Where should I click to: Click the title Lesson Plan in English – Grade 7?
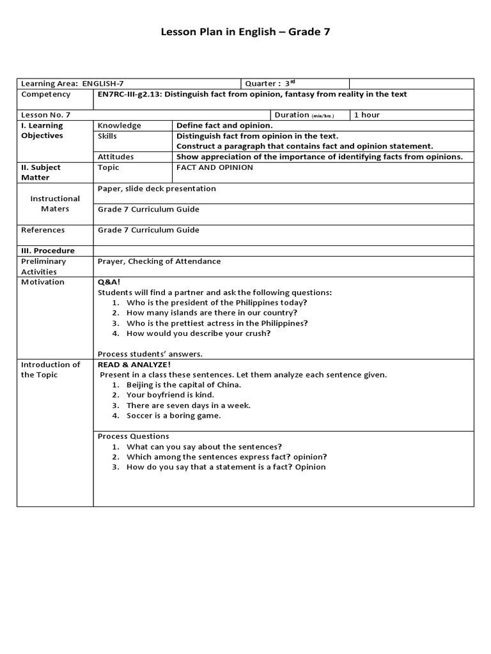click(x=245, y=32)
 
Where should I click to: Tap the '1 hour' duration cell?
click(x=367, y=115)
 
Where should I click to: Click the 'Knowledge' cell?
click(x=120, y=126)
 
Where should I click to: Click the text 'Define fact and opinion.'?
click(x=224, y=126)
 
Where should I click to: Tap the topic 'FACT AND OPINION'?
click(x=215, y=167)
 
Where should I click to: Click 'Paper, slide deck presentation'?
click(x=157, y=188)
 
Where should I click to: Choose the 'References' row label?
click(x=43, y=230)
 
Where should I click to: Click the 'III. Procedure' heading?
click(x=48, y=251)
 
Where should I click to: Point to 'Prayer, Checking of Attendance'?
click(x=159, y=261)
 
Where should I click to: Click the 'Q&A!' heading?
click(x=109, y=282)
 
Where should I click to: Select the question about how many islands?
click(x=212, y=313)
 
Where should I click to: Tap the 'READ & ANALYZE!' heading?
click(x=134, y=365)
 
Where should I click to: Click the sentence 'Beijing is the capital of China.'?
click(x=183, y=385)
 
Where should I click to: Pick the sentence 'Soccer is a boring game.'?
click(x=173, y=416)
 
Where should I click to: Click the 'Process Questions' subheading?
click(x=133, y=436)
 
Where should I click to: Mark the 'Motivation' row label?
click(x=43, y=282)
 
